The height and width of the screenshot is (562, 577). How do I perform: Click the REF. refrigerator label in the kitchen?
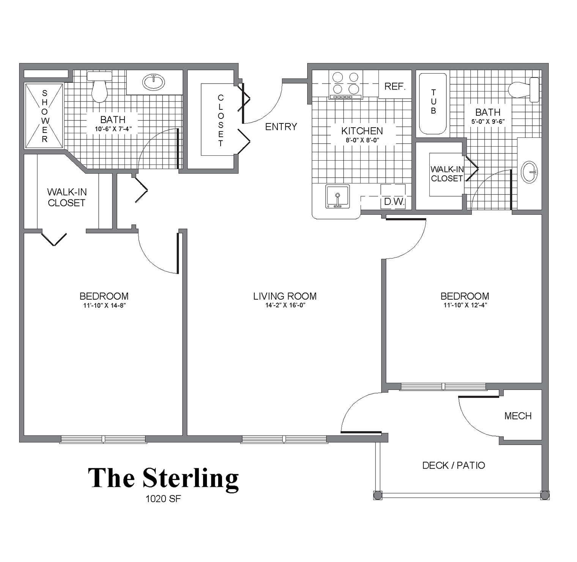pos(395,86)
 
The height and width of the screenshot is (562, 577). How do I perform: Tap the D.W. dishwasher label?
pos(394,202)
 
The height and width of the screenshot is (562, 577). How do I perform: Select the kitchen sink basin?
pos(337,196)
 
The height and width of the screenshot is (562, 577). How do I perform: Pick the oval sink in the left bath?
pos(153,81)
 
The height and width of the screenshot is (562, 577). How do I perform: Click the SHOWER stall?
pos(44,116)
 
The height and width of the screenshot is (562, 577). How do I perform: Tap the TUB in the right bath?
pos(433,103)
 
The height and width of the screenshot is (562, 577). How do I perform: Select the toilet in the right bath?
pos(523,90)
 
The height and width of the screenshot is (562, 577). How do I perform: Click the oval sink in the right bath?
pos(530,172)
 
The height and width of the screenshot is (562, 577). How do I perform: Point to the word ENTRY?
pos(281,127)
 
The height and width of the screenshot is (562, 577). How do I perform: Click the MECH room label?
pos(518,416)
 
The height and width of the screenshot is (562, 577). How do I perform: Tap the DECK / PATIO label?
pos(454,465)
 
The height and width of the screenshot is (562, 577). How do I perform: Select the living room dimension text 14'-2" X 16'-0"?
pos(285,305)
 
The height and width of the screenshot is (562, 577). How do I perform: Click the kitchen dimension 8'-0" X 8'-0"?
pos(362,140)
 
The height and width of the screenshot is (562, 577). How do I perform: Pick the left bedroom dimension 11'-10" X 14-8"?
pos(104,305)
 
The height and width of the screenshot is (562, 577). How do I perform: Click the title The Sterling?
pos(164,478)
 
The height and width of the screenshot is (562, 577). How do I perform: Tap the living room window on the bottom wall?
pos(284,439)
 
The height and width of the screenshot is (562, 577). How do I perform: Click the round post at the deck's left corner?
pos(378,496)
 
